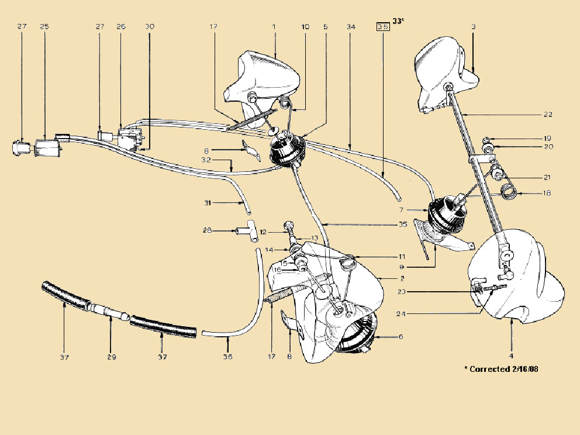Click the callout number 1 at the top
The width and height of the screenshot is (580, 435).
(274, 27)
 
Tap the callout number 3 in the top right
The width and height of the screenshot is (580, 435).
(473, 27)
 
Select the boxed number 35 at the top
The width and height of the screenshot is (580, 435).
(383, 27)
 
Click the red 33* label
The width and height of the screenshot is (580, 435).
(399, 22)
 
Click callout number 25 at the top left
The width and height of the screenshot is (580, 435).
(45, 27)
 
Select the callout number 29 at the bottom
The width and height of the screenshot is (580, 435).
(111, 357)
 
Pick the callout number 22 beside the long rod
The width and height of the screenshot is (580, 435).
(548, 114)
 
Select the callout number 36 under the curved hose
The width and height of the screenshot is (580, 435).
(228, 357)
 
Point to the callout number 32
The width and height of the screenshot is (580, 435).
(206, 160)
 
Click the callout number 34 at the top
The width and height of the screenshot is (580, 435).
(351, 27)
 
